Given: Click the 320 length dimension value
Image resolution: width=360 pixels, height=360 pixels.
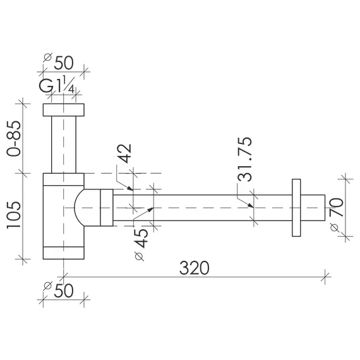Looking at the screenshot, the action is (x=195, y=268).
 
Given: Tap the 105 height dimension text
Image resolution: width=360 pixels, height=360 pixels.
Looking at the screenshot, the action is (x=14, y=215).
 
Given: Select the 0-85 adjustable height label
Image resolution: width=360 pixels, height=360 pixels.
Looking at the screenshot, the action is (x=14, y=138).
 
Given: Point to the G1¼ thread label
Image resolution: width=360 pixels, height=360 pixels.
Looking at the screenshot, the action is (x=57, y=85).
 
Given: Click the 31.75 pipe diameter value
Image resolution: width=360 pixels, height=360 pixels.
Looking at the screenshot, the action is (x=245, y=160).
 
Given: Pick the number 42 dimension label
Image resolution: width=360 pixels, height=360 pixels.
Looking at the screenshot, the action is (x=124, y=153).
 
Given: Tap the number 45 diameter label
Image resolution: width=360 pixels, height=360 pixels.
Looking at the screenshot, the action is (x=141, y=239).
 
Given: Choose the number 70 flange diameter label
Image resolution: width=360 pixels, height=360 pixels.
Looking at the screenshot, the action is (x=336, y=208).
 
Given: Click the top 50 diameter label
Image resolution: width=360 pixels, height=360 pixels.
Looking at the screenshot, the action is (x=64, y=63).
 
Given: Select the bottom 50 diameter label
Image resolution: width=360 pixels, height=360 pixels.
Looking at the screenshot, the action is (x=64, y=291).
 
